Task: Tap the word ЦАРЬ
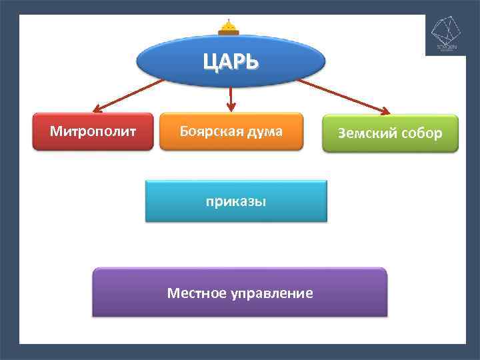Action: pyautogui.click(x=231, y=62)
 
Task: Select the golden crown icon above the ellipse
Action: pyautogui.click(x=229, y=28)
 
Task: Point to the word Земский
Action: pyautogui.click(x=367, y=133)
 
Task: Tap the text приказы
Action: pyautogui.click(x=236, y=201)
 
